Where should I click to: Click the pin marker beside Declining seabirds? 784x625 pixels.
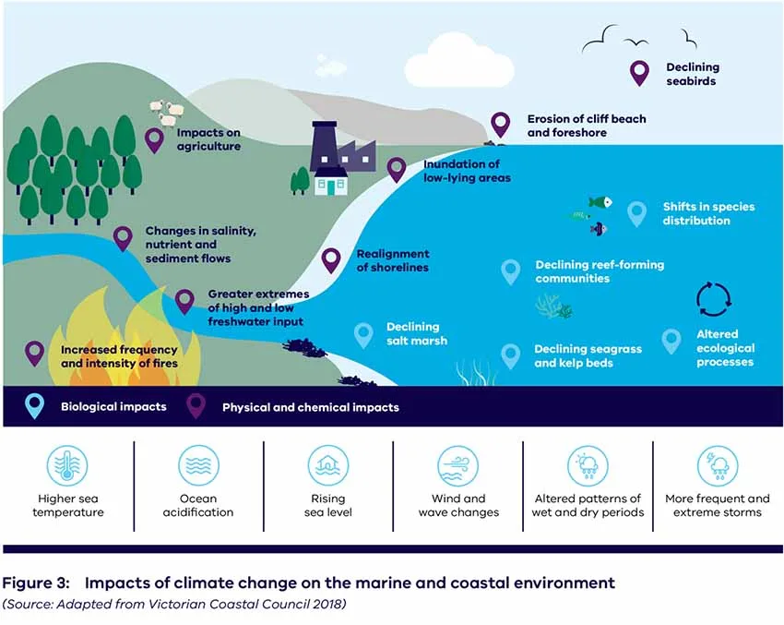point(639,73)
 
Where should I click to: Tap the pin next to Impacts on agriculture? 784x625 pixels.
point(155,140)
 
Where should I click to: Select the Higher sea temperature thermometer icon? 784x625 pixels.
point(67,465)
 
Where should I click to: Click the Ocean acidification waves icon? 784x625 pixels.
point(198,465)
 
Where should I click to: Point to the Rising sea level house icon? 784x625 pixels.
point(328,465)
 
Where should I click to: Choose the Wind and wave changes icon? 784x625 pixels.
point(458,465)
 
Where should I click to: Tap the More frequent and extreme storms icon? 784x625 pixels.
point(718,465)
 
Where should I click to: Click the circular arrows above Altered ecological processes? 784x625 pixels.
point(714,299)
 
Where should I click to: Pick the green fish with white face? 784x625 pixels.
point(600,202)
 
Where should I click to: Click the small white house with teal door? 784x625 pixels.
point(330,181)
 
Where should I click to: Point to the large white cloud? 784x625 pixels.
point(458,66)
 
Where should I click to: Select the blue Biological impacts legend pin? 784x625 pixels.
point(34,406)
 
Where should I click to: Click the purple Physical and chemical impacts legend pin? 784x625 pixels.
point(196,406)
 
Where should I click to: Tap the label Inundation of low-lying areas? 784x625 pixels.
point(467,171)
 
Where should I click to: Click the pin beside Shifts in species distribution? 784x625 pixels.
point(636,214)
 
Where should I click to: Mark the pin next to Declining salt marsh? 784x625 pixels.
point(363,335)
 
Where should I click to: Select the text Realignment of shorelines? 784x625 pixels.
point(393,260)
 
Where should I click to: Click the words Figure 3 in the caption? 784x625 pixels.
point(36,583)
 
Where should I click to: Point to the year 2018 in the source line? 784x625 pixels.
point(329,604)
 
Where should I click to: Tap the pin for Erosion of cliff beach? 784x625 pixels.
point(500,125)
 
